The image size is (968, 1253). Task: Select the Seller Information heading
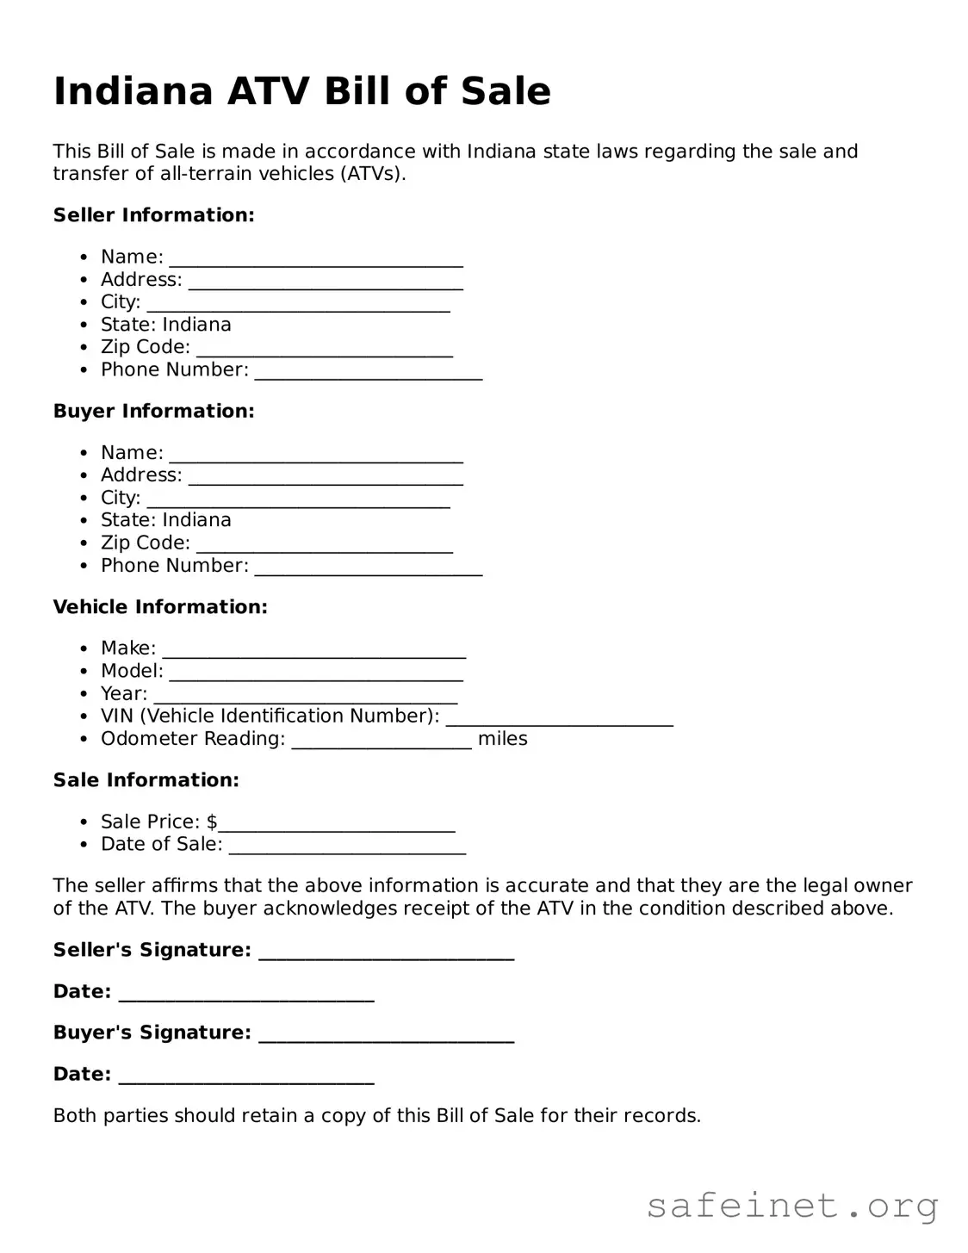(153, 215)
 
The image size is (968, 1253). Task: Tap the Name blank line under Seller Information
(316, 259)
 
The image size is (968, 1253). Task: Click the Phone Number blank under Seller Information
(369, 372)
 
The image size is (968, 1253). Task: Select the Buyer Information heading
(153, 412)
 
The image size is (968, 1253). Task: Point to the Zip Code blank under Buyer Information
(325, 545)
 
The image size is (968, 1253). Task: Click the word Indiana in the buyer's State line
(196, 520)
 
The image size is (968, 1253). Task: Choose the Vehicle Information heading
(160, 607)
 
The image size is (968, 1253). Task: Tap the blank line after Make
(314, 651)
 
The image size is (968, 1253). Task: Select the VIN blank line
(559, 718)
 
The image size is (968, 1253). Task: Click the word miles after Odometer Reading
(502, 739)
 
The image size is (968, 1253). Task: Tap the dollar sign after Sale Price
(212, 822)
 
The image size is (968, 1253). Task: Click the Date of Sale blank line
(347, 847)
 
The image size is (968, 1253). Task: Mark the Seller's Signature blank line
(386, 952)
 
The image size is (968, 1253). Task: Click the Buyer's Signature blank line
(386, 1035)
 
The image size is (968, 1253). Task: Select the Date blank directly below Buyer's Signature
(246, 1076)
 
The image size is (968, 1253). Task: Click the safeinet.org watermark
(791, 1206)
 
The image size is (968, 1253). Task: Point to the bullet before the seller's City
(84, 302)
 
